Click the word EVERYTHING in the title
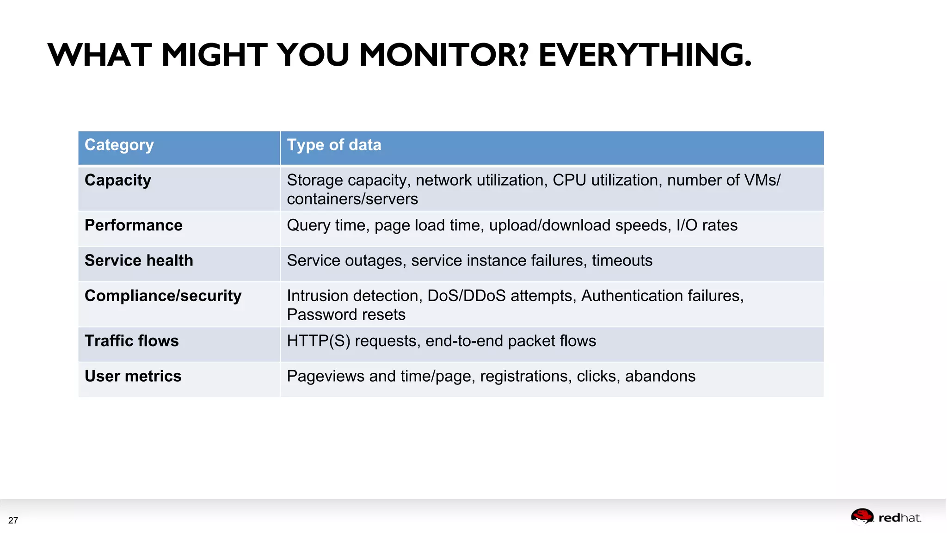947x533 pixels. click(645, 55)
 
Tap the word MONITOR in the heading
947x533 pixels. click(443, 55)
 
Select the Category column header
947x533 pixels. click(119, 145)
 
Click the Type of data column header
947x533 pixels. click(334, 145)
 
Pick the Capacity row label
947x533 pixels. click(117, 180)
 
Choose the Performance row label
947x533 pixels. click(133, 225)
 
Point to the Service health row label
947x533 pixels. click(139, 260)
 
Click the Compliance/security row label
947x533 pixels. click(163, 296)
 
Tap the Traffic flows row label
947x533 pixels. click(131, 341)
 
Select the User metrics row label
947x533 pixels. click(133, 376)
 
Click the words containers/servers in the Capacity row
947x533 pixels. click(352, 199)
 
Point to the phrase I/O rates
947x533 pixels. click(707, 225)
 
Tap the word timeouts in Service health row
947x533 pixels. click(622, 260)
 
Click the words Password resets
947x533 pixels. click(346, 315)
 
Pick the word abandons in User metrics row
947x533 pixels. click(660, 376)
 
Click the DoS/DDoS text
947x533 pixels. click(466, 296)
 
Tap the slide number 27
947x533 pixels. click(13, 521)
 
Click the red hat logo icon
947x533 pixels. click(862, 516)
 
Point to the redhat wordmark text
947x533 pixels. click(899, 518)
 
